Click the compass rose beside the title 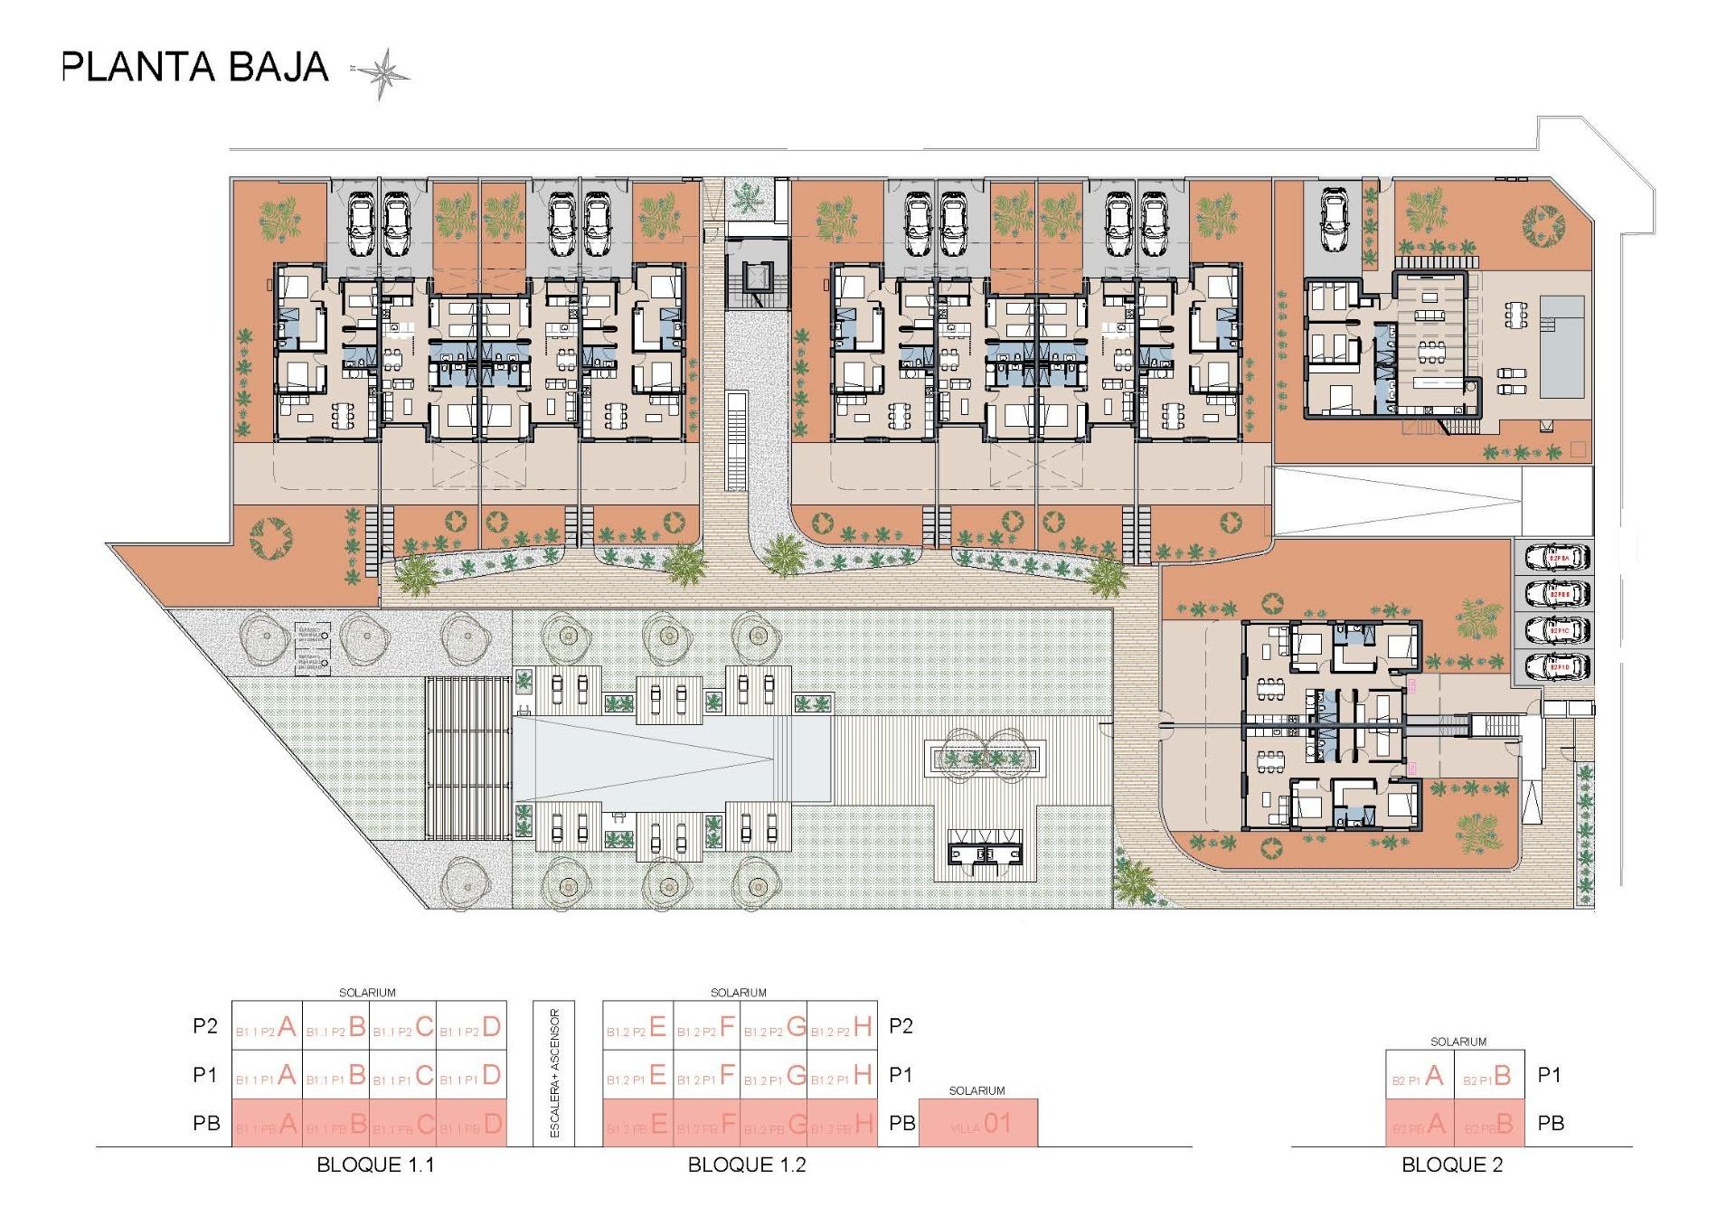point(385,72)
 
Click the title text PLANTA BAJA point(194,68)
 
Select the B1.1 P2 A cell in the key point(267,1026)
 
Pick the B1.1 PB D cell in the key point(472,1124)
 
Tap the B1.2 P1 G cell point(774,1075)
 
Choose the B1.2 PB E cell point(637,1124)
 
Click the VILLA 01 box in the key point(978,1124)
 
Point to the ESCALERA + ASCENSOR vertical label point(555,1073)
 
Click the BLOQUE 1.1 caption point(375,1165)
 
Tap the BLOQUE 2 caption point(1452,1165)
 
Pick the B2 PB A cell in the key point(1420,1124)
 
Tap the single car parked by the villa point(1335,220)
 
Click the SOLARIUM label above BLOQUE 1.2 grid point(739,993)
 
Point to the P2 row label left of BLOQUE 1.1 point(205,1026)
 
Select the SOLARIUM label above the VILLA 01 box point(976,1091)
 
